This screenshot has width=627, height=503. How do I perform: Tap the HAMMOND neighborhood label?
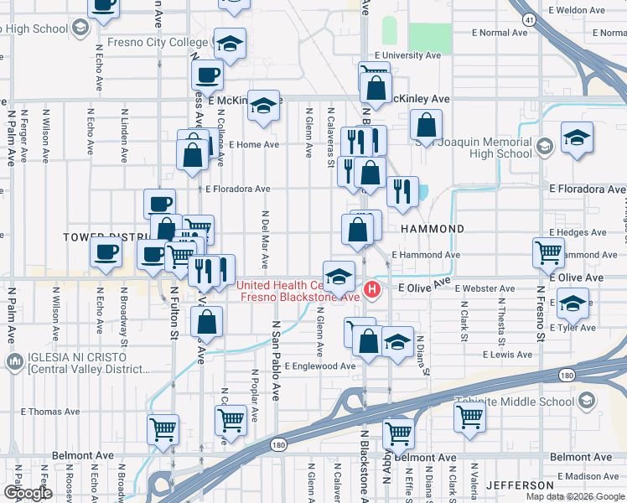point(433,229)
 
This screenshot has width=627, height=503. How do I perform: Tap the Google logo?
point(28,492)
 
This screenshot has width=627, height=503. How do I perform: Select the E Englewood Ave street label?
point(319,366)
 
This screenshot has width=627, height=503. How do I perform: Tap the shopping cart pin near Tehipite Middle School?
point(469,416)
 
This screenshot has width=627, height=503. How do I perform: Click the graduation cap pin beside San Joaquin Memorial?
point(578,137)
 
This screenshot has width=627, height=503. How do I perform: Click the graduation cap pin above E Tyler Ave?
point(573,303)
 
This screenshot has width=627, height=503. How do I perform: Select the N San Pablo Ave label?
point(275,361)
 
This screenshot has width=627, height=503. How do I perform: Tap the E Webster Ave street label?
point(485,288)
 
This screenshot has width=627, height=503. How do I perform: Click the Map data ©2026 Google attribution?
point(576,496)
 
